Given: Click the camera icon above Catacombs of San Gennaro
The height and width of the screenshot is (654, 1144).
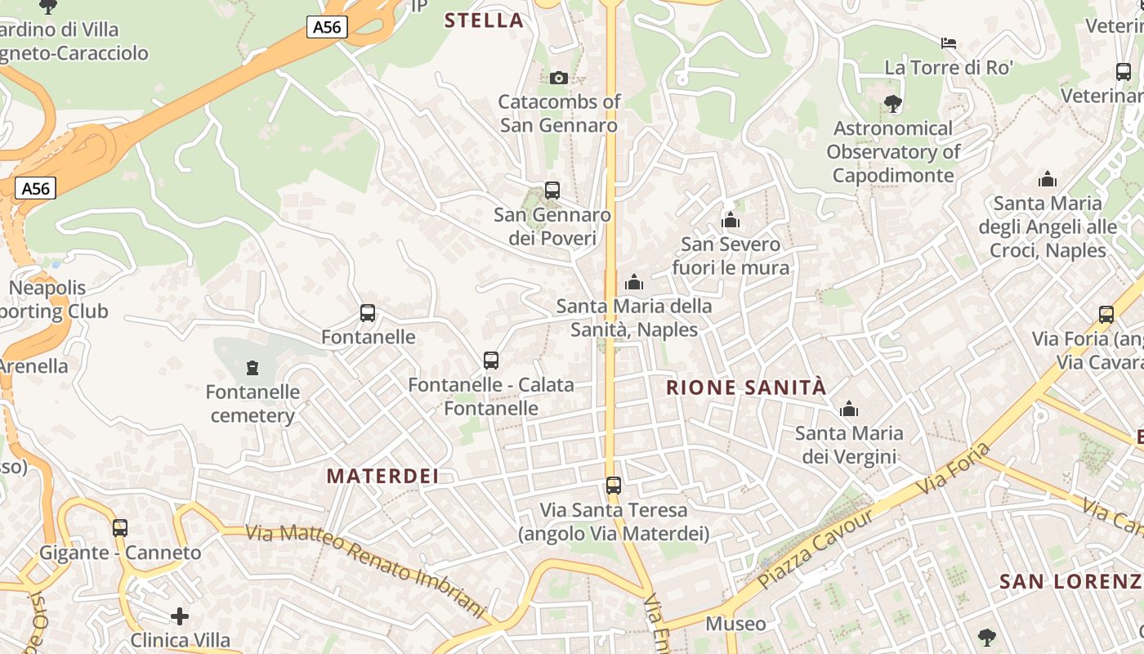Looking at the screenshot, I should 559,78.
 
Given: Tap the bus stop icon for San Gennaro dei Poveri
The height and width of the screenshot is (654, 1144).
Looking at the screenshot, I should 552,190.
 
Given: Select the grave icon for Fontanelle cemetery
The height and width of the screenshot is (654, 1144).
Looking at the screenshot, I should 252,368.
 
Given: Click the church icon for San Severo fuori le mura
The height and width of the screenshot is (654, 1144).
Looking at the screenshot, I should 731,220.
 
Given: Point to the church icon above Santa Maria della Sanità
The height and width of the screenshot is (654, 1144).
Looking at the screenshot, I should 634,282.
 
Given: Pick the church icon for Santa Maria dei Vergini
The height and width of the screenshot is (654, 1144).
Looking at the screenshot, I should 849,409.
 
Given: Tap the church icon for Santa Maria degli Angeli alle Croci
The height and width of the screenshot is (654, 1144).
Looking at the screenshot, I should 1048,179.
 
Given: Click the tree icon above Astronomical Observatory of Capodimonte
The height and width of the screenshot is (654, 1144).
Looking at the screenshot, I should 893,104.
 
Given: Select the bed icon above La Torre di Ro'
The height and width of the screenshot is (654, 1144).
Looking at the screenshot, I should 949,43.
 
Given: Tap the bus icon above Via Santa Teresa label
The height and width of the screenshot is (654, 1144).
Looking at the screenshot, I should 614,486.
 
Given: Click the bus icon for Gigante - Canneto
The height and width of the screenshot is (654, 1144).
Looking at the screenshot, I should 120,528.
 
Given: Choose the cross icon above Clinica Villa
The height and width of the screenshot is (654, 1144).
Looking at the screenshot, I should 180,616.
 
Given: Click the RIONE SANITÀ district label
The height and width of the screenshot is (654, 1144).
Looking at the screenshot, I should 747,387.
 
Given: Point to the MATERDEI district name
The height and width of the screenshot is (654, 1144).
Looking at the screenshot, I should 382,476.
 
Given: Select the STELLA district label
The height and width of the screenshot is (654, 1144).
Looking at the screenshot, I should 484,20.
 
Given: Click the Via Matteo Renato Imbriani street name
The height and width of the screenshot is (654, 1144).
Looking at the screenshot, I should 365,567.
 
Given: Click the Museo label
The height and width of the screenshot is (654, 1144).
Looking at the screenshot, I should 735,624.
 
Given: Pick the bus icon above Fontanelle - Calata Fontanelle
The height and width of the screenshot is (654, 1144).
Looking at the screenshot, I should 491,361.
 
